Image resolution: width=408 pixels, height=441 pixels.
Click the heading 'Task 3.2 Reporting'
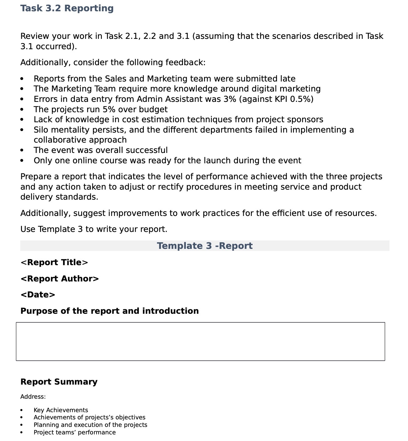coord(67,8)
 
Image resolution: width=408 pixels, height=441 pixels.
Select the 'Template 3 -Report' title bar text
coord(204,246)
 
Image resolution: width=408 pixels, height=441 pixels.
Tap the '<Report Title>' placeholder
coord(54,262)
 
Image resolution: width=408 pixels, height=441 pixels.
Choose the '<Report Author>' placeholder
coord(60,279)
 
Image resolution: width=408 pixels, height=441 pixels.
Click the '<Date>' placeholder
coord(38,295)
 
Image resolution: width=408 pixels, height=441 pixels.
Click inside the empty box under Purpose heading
coord(200,341)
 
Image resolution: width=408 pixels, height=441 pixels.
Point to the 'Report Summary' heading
coord(59,382)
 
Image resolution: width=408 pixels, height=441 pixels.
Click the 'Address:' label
coord(33,397)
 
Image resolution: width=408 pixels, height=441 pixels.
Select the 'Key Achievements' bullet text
coord(61,410)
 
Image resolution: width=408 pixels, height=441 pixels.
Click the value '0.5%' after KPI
coord(300,99)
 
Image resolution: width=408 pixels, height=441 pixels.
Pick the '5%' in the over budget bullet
coord(109,109)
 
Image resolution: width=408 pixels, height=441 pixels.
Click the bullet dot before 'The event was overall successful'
coord(22,150)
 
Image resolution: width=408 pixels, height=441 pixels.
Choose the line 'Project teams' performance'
coord(75,433)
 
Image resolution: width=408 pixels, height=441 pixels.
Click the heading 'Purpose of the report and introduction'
coord(109,311)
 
